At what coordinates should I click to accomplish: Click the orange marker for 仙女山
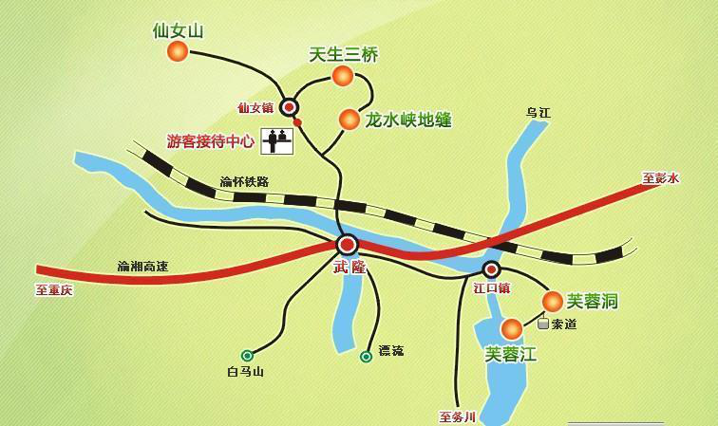coord(178,52)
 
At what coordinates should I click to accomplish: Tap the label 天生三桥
coord(344,55)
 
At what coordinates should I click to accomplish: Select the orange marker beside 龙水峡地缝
coord(349,120)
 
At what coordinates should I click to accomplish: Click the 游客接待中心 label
coord(211,141)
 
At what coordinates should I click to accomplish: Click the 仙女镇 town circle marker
coord(289,108)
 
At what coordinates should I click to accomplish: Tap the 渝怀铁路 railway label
coord(244,181)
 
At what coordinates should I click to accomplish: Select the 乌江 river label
coord(538,113)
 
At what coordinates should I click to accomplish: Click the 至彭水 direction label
coord(661,177)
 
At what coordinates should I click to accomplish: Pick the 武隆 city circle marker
coord(347,245)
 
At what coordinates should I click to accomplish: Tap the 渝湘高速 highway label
coord(142,267)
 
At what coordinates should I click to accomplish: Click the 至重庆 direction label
coord(54,290)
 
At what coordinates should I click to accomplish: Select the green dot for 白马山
coord(247,355)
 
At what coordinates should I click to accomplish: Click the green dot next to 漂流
coord(366,357)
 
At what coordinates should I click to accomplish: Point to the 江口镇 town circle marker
coord(491,269)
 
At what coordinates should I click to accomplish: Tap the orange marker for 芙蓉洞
coord(552,302)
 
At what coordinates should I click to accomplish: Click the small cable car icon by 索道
coord(542,324)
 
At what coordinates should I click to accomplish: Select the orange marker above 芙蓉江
coord(511,329)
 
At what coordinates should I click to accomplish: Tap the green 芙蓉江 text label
coord(511,355)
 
